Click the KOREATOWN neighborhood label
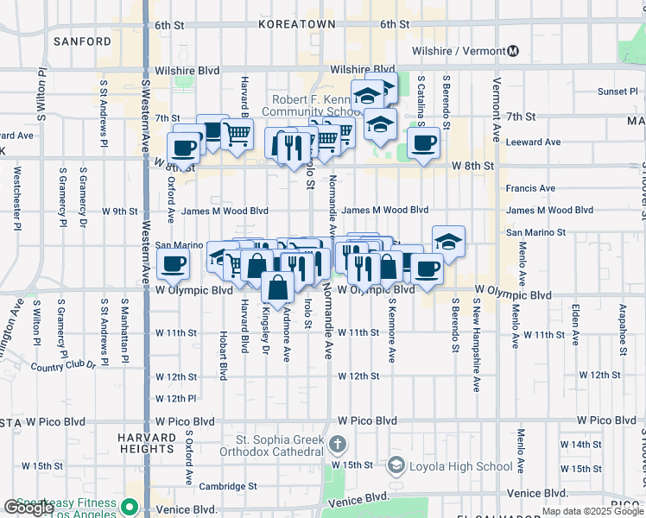pyautogui.click(x=296, y=25)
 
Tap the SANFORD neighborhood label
pyautogui.click(x=83, y=41)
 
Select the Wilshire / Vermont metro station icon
pyautogui.click(x=514, y=51)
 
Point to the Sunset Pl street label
pyautogui.click(x=617, y=92)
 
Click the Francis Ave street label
pyautogui.click(x=530, y=188)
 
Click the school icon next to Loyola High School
pyautogui.click(x=396, y=466)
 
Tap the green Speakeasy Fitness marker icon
pyautogui.click(x=130, y=506)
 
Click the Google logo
pyautogui.click(x=28, y=508)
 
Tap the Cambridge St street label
pyautogui.click(x=228, y=486)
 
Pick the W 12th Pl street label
pyautogui.click(x=176, y=398)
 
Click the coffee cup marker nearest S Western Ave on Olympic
pyautogui.click(x=174, y=265)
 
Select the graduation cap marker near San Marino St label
pyautogui.click(x=448, y=243)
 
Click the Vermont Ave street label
pyautogui.click(x=497, y=103)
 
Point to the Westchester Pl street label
pyautogui.click(x=17, y=199)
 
